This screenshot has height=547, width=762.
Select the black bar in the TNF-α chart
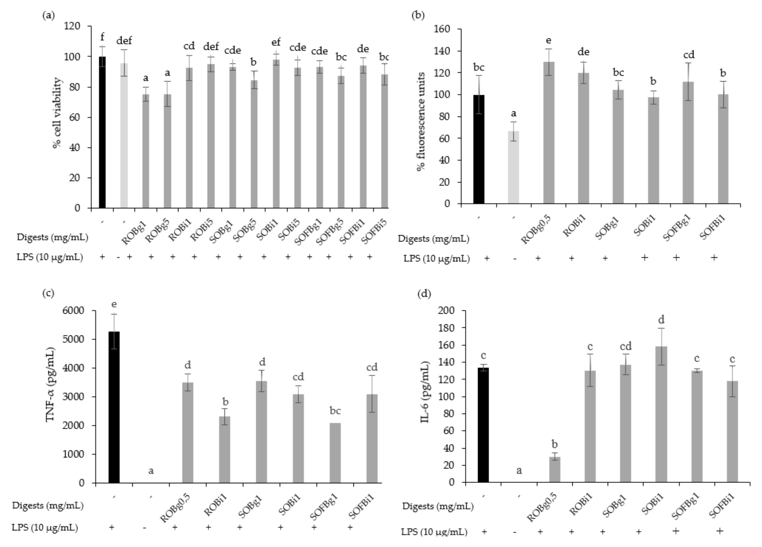[x=114, y=407]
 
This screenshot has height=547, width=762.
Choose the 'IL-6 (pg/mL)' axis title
[x=425, y=396]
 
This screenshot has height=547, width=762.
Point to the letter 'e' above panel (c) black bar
[x=114, y=304]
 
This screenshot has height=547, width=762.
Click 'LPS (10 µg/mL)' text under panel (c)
[x=45, y=528]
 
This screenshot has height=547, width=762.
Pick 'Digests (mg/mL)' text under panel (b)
[x=433, y=239]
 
